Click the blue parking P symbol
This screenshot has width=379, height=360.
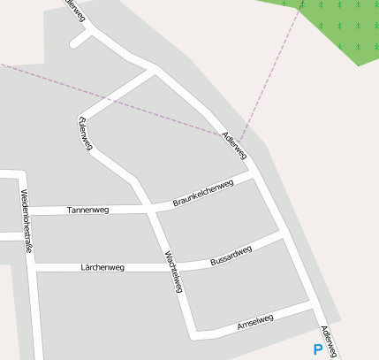pyautogui.click(x=318, y=349)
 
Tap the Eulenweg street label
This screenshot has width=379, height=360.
pyautogui.click(x=86, y=134)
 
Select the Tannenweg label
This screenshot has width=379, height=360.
pyautogui.click(x=87, y=211)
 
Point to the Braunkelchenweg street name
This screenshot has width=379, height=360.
pyautogui.click(x=202, y=195)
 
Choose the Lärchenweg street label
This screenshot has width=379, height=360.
pyautogui.click(x=102, y=267)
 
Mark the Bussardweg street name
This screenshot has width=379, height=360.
pyautogui.click(x=231, y=257)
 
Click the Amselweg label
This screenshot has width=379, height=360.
pyautogui.click(x=256, y=324)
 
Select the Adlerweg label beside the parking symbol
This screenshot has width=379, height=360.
pyautogui.click(x=330, y=342)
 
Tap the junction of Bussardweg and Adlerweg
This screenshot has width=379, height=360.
pyautogui.click(x=284, y=239)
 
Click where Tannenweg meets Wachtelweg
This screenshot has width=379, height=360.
pyautogui.click(x=147, y=210)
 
